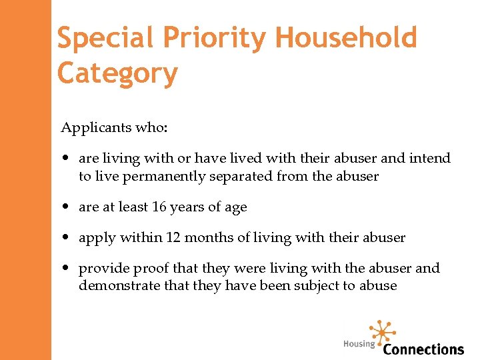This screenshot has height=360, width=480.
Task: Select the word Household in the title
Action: (x=346, y=39)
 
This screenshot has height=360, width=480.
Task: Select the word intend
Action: (x=430, y=158)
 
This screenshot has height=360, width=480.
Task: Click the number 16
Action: (x=159, y=207)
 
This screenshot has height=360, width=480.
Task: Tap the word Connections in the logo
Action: (x=423, y=349)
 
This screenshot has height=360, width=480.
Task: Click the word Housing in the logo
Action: (x=359, y=344)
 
